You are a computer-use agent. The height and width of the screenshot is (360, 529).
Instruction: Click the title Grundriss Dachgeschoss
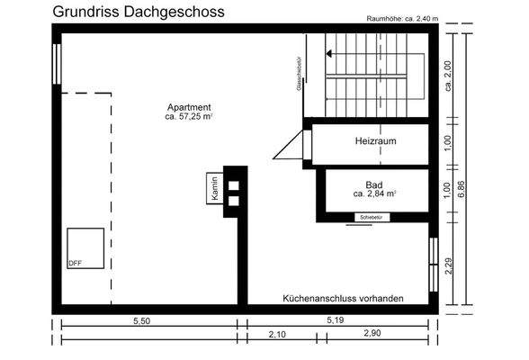[139, 12]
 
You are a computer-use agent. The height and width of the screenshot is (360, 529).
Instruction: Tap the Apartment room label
[190, 106]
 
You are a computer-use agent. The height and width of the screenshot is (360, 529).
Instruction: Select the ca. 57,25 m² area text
[190, 117]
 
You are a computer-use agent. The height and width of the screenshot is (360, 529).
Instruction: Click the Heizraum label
[376, 141]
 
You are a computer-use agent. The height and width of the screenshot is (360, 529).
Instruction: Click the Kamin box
[216, 188]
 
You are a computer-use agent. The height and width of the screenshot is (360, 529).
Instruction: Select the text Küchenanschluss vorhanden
[343, 298]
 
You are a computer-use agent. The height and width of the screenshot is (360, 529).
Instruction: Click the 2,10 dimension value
[278, 335]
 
